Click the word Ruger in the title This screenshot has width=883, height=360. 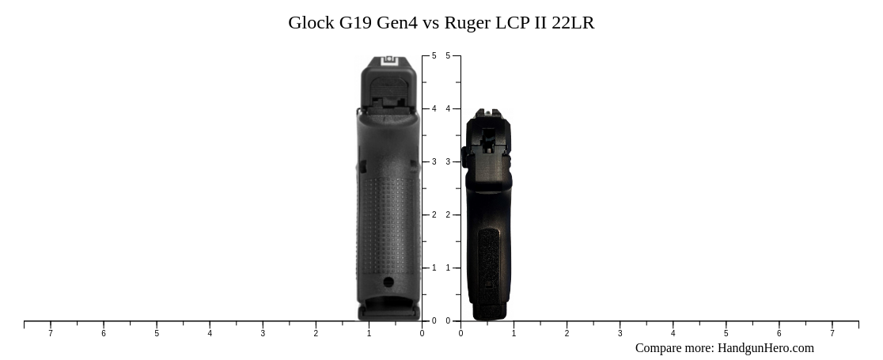pos(467,23)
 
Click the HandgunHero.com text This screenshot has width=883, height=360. pos(765,348)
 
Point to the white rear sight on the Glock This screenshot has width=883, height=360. pos(388,61)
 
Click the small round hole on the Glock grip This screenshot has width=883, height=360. pos(388,282)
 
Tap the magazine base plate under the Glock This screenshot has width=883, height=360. pos(388,313)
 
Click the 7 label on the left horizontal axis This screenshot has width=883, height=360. pos(51,333)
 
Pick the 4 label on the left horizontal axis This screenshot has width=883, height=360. pos(210,333)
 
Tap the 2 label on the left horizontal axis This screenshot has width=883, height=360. pos(316,333)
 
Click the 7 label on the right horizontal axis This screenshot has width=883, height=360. pos(832,333)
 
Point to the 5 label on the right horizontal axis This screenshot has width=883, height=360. pos(726,333)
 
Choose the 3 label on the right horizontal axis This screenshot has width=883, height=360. pos(620,333)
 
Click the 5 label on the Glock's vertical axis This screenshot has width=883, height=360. pos(434,56)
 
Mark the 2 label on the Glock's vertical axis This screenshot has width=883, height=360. pos(434,215)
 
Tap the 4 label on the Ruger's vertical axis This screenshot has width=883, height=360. pos(448,109)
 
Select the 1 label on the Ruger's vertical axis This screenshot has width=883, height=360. pos(448,268)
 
